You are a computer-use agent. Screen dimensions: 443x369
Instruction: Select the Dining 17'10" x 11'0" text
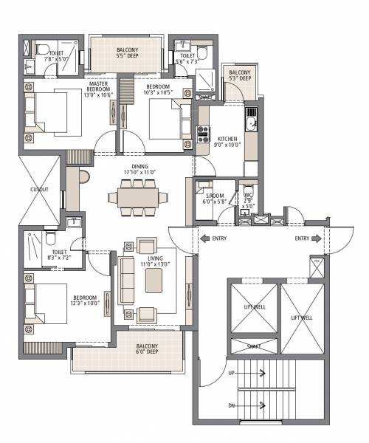coord(139,170)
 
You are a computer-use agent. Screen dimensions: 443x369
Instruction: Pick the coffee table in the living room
coord(154,281)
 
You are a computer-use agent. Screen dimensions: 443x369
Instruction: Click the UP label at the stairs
coord(232,374)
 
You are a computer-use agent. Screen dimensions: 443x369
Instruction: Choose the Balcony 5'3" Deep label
coord(240,75)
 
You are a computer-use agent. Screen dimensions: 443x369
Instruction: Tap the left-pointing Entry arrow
coord(204,239)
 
